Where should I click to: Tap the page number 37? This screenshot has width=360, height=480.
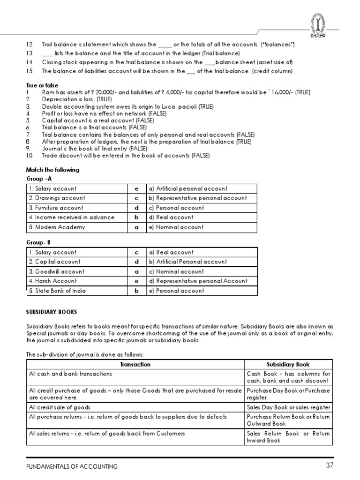(328, 466)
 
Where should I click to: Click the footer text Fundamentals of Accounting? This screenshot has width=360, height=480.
(72, 466)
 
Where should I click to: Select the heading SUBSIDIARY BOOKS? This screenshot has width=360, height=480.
(52, 312)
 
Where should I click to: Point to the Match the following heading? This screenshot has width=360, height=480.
(52, 170)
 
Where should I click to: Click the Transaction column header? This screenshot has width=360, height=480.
(135, 364)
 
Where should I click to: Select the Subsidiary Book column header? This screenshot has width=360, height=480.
(288, 364)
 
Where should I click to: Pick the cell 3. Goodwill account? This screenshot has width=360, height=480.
(57, 271)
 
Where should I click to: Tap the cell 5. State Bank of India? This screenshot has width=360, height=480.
(57, 291)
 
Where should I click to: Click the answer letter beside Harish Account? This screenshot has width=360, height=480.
(137, 281)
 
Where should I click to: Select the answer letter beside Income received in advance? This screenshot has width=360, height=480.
(137, 217)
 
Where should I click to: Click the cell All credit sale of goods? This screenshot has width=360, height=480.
(60, 407)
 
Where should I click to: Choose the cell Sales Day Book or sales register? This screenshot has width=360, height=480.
(288, 407)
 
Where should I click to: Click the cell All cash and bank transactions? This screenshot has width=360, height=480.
(70, 374)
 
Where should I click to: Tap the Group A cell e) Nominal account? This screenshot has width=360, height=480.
(176, 227)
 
